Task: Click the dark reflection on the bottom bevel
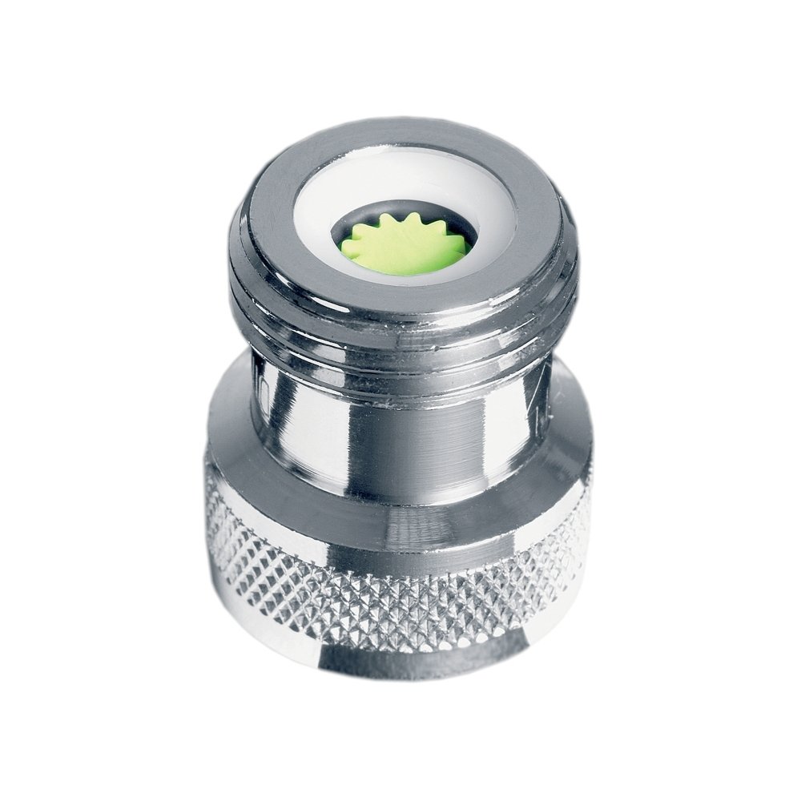tap(400, 669)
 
